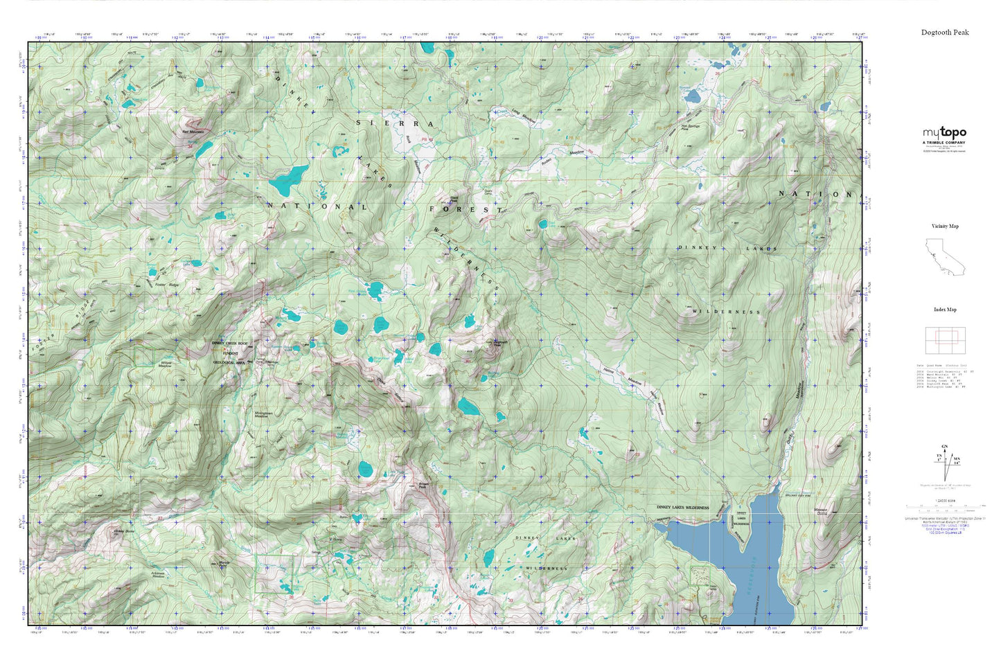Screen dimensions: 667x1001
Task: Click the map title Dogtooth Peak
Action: pos(945,33)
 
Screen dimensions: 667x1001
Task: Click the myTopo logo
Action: pos(944,133)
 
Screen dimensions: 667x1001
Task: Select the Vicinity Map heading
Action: pos(945,226)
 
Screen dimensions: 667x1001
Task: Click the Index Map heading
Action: pos(945,310)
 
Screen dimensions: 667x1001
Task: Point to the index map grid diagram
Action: pos(945,339)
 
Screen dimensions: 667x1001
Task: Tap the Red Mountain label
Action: pos(193,131)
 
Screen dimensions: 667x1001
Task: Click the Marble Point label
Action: pos(224,563)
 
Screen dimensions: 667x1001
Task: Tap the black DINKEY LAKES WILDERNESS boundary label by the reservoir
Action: pos(682,508)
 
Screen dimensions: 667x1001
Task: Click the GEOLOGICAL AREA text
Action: pos(229,362)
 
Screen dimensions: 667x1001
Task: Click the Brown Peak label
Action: pos(424,486)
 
